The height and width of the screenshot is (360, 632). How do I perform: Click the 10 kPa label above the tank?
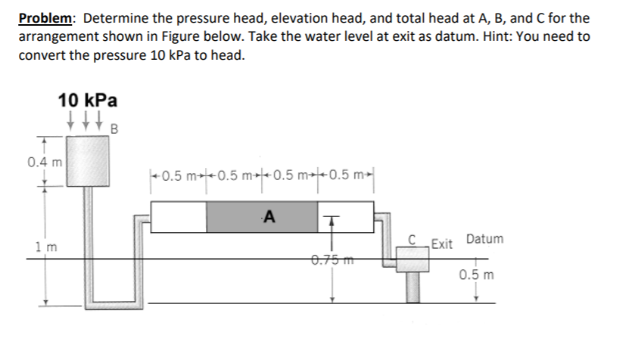click(87, 99)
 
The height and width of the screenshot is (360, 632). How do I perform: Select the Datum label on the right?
click(484, 239)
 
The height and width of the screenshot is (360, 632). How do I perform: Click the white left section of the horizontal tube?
click(179, 217)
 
